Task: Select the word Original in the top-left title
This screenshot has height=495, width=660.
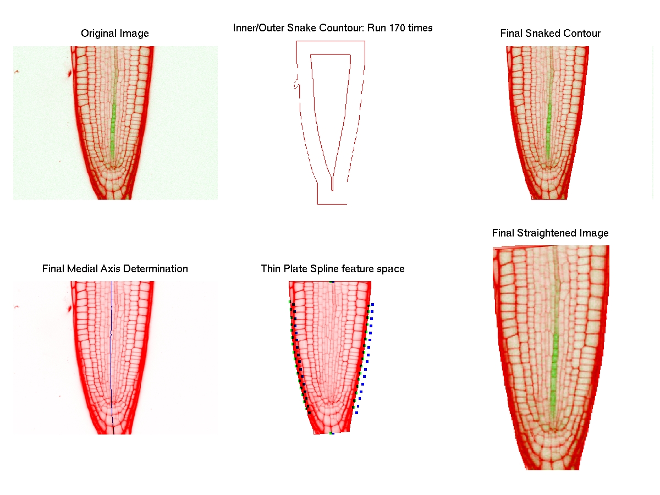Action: click(97, 34)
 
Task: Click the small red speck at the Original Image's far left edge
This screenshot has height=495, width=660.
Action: click(17, 71)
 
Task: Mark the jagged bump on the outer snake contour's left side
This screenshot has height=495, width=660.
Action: click(296, 84)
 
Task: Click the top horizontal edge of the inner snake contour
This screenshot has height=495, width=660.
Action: click(331, 54)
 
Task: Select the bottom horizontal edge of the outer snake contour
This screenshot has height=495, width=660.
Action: click(332, 204)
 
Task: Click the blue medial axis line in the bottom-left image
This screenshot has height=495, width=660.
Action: click(112, 358)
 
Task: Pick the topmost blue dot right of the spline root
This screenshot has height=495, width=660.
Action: click(373, 304)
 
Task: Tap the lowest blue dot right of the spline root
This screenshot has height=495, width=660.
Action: click(357, 413)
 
